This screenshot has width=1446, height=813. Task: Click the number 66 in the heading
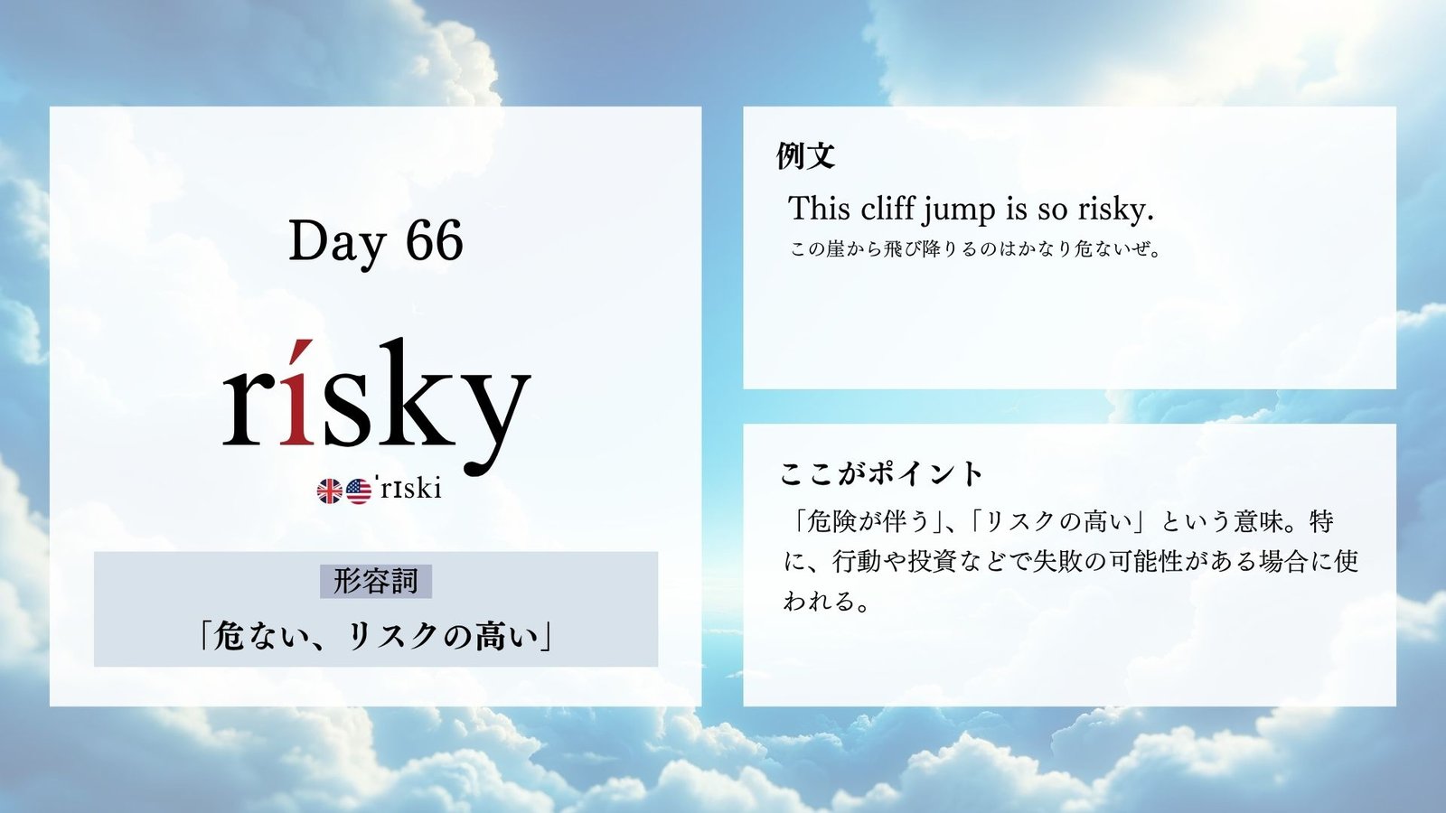click(435, 240)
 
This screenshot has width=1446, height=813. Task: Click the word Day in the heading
click(338, 245)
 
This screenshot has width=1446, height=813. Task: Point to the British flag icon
click(329, 491)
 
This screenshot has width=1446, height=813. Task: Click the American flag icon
click(359, 491)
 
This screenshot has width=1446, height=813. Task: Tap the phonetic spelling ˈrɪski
click(410, 489)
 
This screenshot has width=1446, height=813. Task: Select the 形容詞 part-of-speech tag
click(376, 582)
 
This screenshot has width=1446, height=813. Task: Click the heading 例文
click(805, 155)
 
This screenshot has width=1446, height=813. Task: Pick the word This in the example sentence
click(820, 208)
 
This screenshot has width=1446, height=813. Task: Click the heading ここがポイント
click(880, 474)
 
